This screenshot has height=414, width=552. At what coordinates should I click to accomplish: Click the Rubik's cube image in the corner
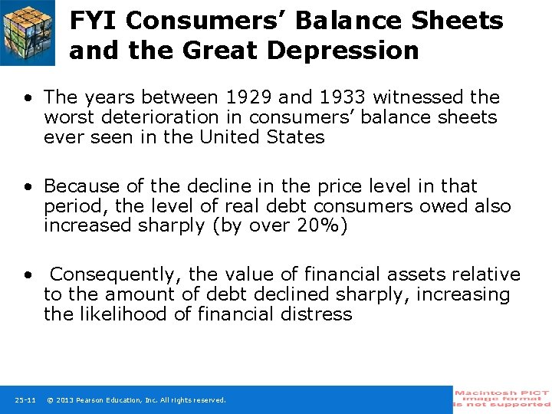pos(28,32)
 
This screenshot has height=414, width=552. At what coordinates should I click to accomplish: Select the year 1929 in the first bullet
pos(251,97)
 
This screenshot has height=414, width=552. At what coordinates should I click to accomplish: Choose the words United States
pos(262,137)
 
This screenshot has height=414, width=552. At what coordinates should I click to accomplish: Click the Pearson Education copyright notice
pos(136,400)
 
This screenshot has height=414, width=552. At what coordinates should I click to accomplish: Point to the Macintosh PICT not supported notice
pos(502,399)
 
